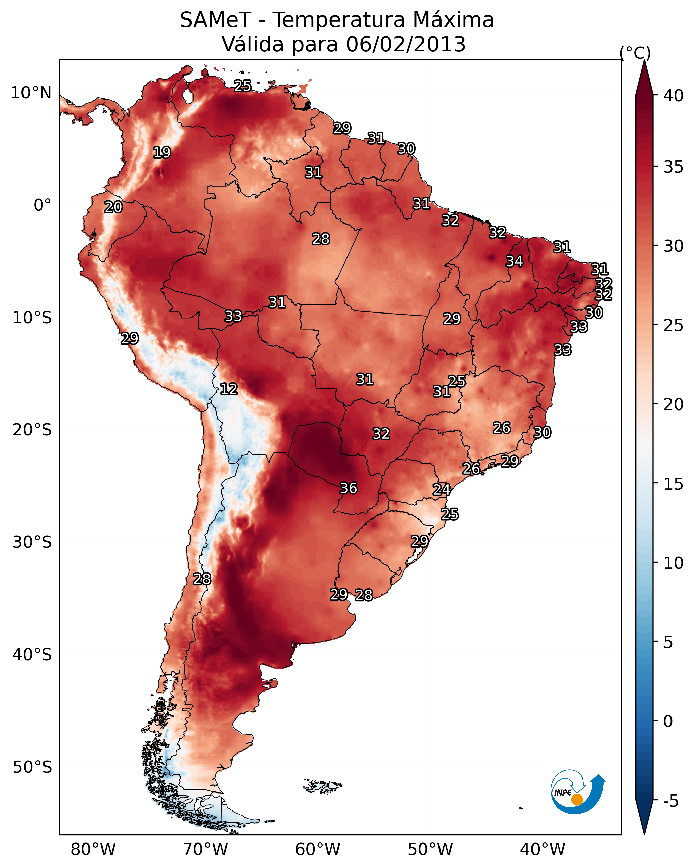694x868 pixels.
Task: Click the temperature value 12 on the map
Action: tap(228, 389)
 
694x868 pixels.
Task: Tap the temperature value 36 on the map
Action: tap(349, 488)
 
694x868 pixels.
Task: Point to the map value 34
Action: tap(514, 261)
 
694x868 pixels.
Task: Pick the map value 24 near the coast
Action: tap(442, 490)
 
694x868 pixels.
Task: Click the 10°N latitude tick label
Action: tap(31, 93)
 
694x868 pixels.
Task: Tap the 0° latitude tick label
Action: tap(42, 205)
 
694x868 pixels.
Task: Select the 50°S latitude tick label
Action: tap(32, 767)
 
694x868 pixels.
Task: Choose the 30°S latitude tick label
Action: tap(32, 542)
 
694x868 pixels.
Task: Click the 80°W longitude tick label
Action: tap(93, 849)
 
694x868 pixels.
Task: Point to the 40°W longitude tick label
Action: tap(543, 849)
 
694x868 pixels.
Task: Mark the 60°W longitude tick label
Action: tap(318, 849)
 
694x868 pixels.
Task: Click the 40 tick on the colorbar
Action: tap(674, 96)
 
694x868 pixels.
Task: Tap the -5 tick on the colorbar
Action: tap(670, 801)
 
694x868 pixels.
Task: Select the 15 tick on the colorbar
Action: tap(674, 484)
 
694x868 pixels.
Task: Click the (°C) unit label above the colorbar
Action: tap(635, 53)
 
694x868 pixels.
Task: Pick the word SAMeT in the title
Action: tap(216, 20)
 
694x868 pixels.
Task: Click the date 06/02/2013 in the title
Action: tap(406, 44)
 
